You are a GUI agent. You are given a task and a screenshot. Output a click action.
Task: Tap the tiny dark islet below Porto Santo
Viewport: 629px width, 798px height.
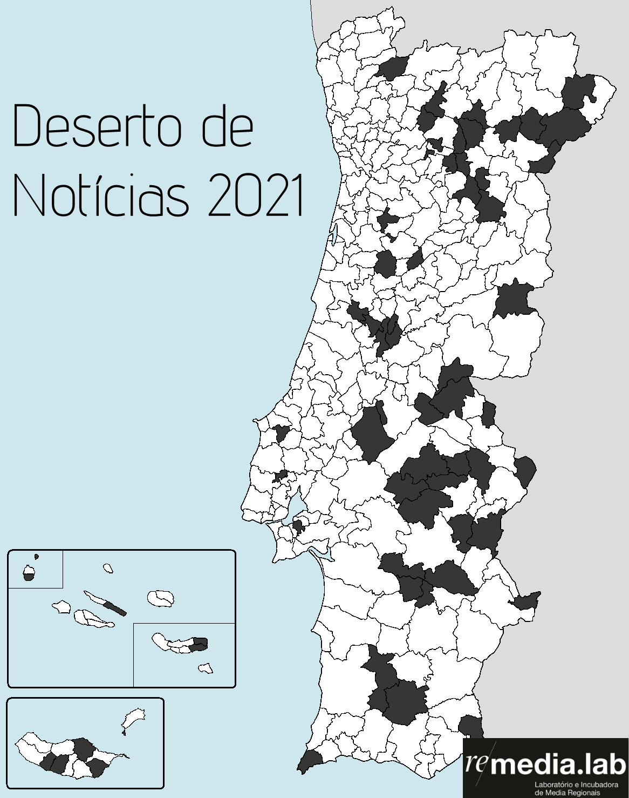pyautogui.click(x=124, y=733)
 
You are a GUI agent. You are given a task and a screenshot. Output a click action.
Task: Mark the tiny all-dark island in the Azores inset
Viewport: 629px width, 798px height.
pyautogui.click(x=36, y=556)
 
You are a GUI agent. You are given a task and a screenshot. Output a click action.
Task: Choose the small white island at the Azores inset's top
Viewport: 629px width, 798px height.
pyautogui.click(x=108, y=568)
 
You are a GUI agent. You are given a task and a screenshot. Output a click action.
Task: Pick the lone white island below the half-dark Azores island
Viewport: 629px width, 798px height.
pyautogui.click(x=205, y=669)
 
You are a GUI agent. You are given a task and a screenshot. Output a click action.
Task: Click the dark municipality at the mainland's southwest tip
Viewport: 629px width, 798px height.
pyautogui.click(x=310, y=759)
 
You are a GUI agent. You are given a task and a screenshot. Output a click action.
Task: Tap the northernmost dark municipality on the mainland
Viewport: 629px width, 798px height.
pyautogui.click(x=393, y=68)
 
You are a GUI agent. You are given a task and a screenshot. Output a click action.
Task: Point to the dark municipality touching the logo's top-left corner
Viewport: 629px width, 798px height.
pyautogui.click(x=471, y=726)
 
